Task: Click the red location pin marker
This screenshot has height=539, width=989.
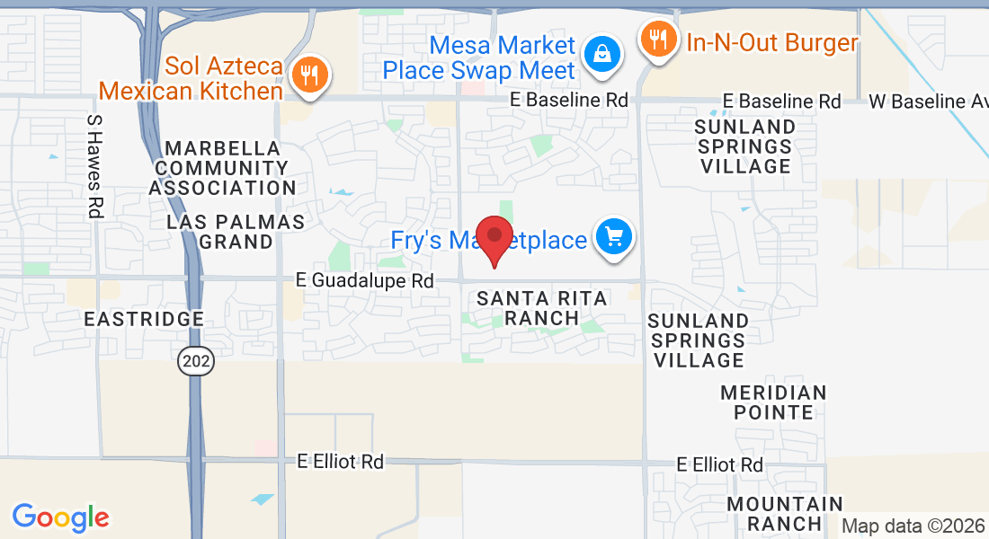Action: tap(494, 239)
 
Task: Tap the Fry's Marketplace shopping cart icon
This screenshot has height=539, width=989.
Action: tap(614, 238)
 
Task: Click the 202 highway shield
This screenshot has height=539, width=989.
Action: tap(195, 361)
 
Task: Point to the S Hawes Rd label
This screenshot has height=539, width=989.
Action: tap(94, 166)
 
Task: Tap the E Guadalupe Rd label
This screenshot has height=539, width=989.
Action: tap(365, 281)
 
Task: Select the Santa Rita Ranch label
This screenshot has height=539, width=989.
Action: tap(541, 308)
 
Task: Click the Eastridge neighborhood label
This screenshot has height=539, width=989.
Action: tap(144, 319)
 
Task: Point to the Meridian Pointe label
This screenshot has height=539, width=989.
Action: tap(773, 402)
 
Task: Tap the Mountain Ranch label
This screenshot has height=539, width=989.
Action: tap(785, 514)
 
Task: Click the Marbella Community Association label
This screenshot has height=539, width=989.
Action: tap(222, 168)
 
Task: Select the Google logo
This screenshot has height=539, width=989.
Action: tap(60, 517)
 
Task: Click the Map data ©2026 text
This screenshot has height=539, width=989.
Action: tap(913, 526)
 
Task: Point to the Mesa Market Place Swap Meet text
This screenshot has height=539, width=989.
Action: tap(478, 57)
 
